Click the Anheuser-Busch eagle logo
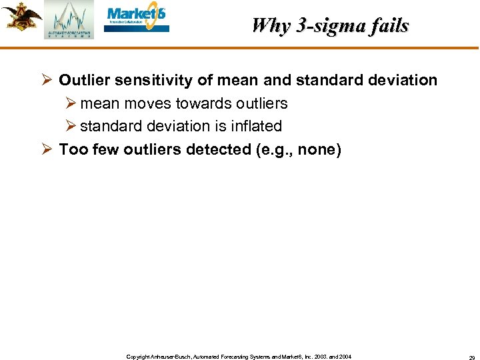[21, 17]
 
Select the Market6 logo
[137, 18]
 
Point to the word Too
[72, 149]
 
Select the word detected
[219, 149]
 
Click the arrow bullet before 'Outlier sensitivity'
[47, 80]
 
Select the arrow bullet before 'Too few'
[47, 149]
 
